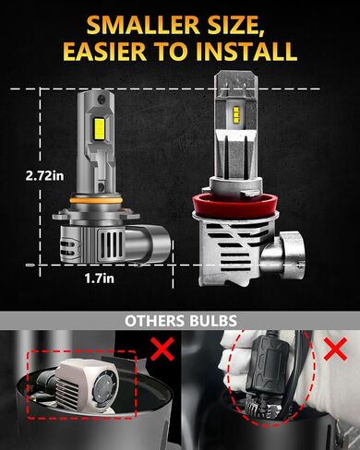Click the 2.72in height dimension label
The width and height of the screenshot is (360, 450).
45,176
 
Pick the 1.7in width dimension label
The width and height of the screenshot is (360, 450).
100,278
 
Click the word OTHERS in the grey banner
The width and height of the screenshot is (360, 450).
155,321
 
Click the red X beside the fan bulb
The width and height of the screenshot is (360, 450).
162,349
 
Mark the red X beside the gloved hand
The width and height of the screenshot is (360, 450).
335,349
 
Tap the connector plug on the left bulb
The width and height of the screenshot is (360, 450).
148,243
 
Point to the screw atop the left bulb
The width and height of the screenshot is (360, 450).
101,99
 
